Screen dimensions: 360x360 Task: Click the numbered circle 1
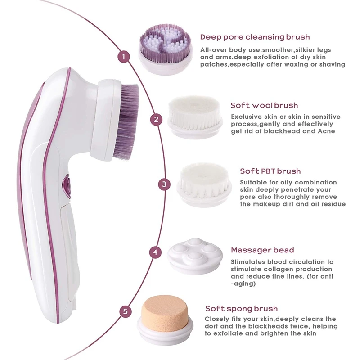124,57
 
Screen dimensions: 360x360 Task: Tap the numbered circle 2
156,120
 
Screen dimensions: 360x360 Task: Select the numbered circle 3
164,184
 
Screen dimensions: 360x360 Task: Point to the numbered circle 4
155,252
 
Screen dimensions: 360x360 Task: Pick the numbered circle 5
126,311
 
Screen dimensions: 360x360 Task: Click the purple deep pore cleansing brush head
165,50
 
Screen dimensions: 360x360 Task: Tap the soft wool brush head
195,117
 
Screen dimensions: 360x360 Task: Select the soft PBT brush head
204,185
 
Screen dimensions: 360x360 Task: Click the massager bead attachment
195,256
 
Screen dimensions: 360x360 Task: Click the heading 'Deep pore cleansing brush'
255,37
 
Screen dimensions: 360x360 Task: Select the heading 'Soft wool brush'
264,105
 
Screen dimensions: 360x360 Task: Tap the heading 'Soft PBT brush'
270,171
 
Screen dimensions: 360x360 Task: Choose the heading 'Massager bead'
262,250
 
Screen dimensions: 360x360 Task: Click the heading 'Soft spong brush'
242,309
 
